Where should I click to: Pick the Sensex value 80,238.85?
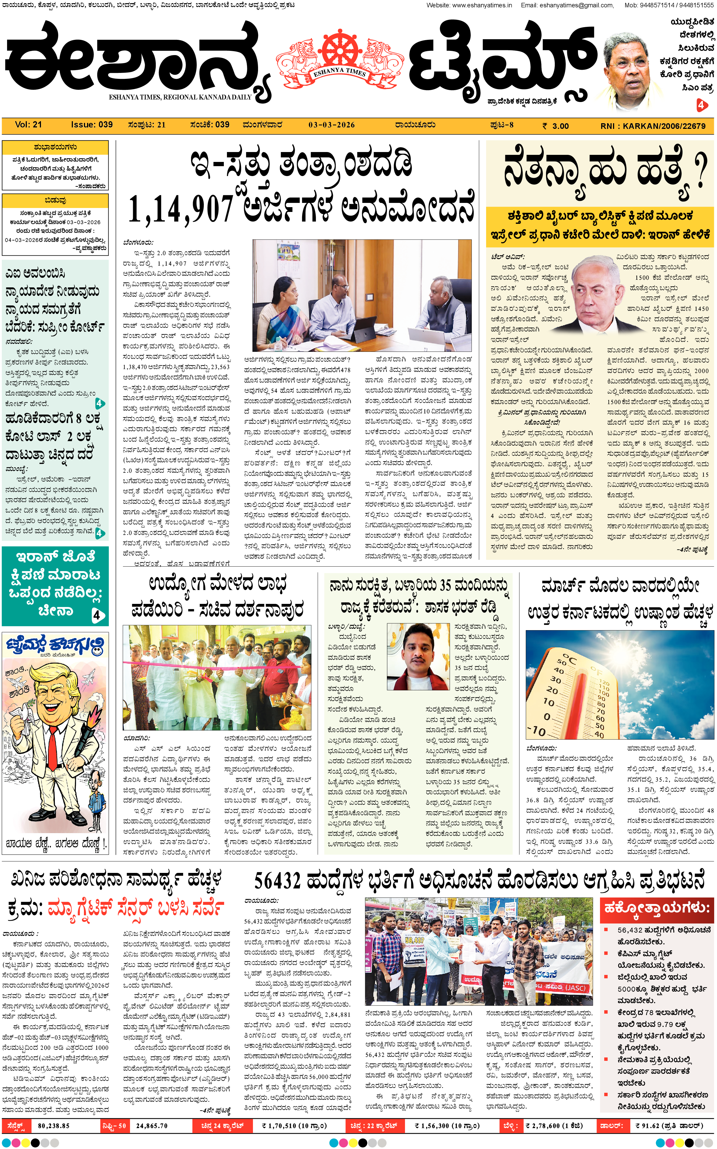(54, 1126)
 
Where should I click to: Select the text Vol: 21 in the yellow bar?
(29, 125)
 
